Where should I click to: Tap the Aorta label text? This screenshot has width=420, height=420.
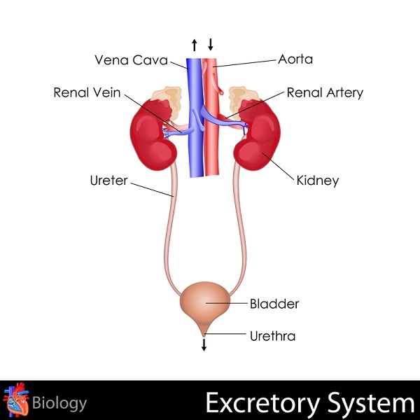(x=295, y=59)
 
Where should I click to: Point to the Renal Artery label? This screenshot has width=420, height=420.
(x=325, y=92)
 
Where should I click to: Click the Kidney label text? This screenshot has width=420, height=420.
(x=317, y=181)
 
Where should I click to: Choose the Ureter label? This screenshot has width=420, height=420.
(x=108, y=181)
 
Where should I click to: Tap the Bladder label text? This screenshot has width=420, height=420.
(x=274, y=304)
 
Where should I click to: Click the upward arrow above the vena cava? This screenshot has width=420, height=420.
(x=195, y=45)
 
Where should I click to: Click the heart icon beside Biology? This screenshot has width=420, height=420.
(x=17, y=402)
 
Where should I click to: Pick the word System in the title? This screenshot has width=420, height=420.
(x=375, y=404)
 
